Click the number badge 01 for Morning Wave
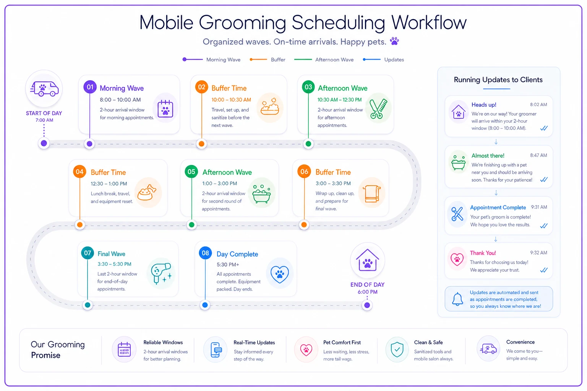[90, 87]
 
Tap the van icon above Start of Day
[44, 89]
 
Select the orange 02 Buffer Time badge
[201, 87]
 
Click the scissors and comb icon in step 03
[378, 108]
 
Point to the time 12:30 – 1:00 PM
[109, 184]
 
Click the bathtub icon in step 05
[261, 193]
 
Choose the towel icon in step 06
[371, 194]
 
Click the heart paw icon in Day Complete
[280, 274]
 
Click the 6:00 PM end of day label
[367, 292]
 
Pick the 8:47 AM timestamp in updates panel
[538, 155]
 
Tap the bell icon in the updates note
[457, 299]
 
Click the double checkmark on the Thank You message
[544, 270]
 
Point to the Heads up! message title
[484, 105]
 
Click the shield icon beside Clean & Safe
[397, 349]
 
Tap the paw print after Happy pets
[394, 41]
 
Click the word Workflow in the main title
[429, 23]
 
